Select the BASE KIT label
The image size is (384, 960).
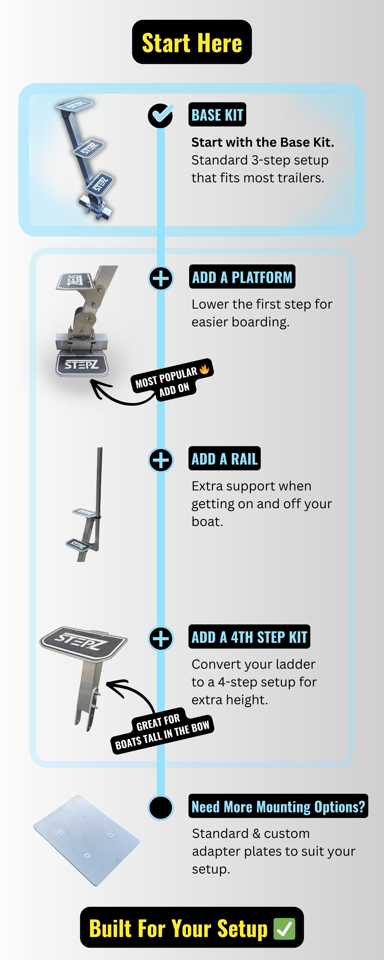[x=217, y=115]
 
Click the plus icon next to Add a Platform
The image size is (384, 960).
[x=161, y=278]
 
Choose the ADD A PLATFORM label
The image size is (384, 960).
[x=242, y=277]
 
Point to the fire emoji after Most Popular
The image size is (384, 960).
[x=204, y=369]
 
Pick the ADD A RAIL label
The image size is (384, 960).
[x=224, y=458]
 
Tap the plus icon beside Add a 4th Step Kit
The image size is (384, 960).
[x=161, y=638]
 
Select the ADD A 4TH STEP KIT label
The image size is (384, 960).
[x=249, y=636]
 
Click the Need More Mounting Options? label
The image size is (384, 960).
[x=278, y=806]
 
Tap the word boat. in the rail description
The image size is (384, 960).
[x=207, y=521]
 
